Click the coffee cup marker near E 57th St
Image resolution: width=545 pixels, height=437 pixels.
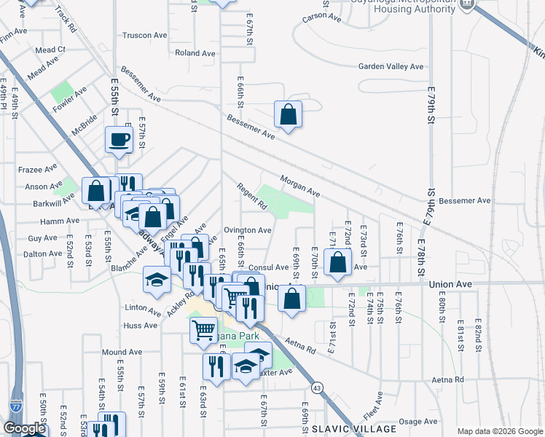119,138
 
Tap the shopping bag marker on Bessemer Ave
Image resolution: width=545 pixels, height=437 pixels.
289,114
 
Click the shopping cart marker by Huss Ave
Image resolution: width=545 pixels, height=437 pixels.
203,329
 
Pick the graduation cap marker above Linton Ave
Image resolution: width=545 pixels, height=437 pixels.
157,280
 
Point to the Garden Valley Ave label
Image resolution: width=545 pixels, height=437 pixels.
391,66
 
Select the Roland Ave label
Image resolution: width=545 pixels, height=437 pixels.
195,53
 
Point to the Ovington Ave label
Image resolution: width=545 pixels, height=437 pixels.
248,230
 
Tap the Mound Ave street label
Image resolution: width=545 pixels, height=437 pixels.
121,352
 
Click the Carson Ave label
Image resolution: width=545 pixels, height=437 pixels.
321,16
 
